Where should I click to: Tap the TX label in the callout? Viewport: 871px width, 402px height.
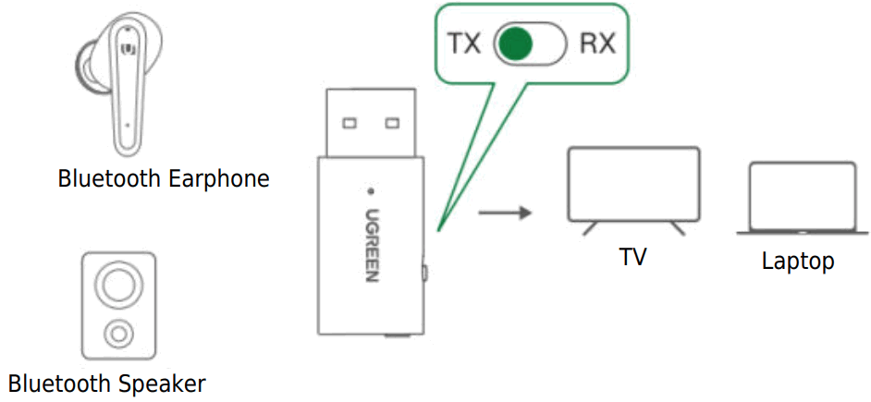click(464, 43)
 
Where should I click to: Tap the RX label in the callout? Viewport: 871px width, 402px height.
click(597, 43)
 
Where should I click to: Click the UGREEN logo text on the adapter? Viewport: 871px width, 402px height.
click(370, 244)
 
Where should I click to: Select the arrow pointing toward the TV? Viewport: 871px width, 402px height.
click(506, 213)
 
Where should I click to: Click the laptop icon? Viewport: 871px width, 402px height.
click(802, 198)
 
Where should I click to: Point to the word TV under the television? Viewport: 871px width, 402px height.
click(632, 257)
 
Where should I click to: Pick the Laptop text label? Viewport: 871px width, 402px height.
click(798, 262)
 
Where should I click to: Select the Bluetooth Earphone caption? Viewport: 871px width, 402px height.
click(164, 178)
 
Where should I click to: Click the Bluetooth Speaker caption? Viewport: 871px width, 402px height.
click(107, 383)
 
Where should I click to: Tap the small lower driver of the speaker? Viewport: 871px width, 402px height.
click(117, 332)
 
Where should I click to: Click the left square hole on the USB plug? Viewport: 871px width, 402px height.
click(350, 122)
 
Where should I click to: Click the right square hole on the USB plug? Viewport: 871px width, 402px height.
click(391, 122)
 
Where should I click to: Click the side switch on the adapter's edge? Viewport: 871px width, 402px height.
click(423, 273)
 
